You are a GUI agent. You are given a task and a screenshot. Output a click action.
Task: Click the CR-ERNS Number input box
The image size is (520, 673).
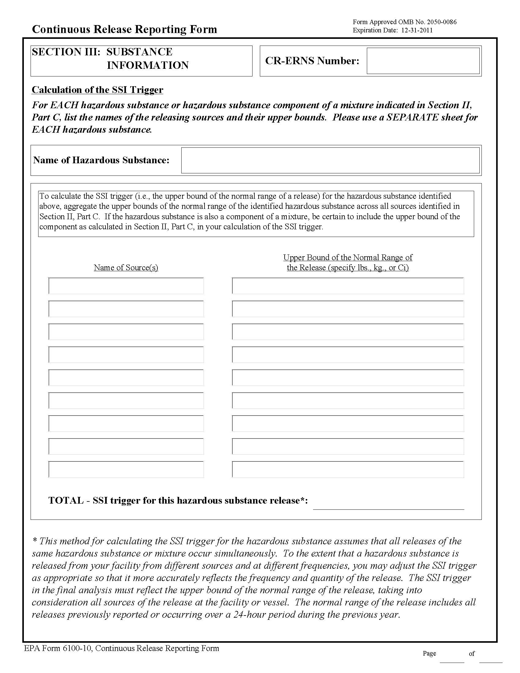423,61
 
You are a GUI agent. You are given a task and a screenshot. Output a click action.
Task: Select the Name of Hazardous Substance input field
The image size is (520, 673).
330,160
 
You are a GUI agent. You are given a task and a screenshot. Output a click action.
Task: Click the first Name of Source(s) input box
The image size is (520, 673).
126,286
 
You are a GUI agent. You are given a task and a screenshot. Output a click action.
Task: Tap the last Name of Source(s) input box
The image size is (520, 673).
126,469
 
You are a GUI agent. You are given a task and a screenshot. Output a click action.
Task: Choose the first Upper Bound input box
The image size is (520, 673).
348,286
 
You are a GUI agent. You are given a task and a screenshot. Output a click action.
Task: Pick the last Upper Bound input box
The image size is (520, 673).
348,469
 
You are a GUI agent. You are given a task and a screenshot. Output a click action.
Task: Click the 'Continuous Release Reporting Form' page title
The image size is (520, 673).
124,30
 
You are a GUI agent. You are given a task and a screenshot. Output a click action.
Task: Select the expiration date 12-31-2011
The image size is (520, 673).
417,30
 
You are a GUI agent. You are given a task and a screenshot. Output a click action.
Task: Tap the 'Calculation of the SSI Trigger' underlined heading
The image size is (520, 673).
97,90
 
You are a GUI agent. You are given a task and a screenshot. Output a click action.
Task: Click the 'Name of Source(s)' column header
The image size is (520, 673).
126,268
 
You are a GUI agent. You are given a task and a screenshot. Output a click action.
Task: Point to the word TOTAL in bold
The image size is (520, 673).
66,501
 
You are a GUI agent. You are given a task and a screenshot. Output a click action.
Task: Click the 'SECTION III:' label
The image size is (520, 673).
66,52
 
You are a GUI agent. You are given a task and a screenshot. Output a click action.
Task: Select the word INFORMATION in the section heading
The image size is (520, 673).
148,65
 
